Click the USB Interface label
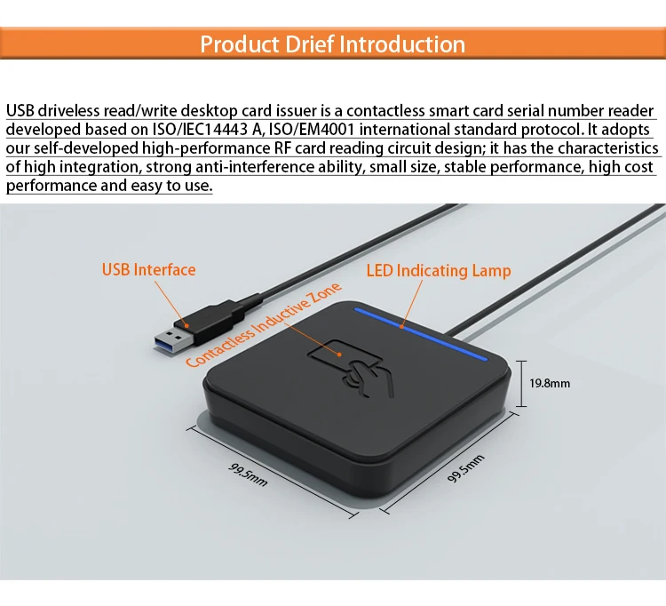tap(148, 269)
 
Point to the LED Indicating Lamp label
tap(439, 270)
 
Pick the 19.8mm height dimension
tap(549, 384)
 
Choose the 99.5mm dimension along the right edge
tap(465, 465)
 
